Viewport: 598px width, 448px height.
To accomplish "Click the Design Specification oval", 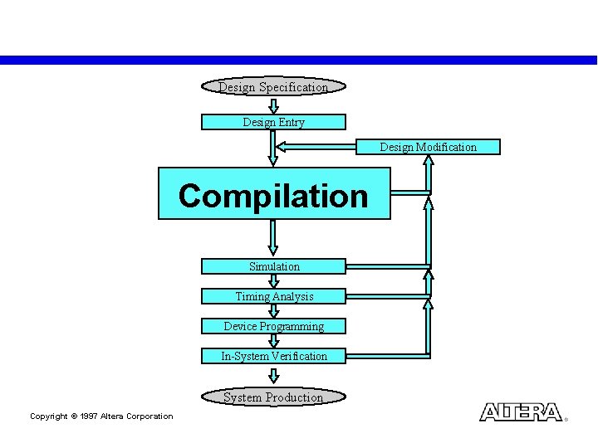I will [273, 87].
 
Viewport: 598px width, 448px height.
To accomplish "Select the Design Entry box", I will [273, 122].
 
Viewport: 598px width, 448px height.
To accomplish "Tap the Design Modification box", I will [429, 147].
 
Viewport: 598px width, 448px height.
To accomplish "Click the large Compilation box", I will [273, 194].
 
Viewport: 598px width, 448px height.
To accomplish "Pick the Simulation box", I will [273, 266].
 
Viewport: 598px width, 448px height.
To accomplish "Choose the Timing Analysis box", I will [273, 296].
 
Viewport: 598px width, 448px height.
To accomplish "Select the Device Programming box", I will [273, 326].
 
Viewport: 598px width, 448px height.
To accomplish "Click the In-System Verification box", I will [273, 356].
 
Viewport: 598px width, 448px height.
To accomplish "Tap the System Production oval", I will [273, 397].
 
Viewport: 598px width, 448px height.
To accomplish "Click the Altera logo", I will [521, 412].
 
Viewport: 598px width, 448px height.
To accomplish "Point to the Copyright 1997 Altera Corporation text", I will [101, 416].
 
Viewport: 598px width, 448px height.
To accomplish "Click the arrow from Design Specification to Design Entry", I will [273, 105].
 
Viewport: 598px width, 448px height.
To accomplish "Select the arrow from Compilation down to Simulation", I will [273, 238].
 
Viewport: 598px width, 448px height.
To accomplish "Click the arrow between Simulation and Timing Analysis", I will [273, 281].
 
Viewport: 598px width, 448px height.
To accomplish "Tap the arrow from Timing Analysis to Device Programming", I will [273, 311].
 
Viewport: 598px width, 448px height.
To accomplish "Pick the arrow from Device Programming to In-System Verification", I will [273, 341].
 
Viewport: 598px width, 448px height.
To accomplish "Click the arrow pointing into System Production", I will [273, 376].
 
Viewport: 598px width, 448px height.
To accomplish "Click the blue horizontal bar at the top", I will [299, 60].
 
